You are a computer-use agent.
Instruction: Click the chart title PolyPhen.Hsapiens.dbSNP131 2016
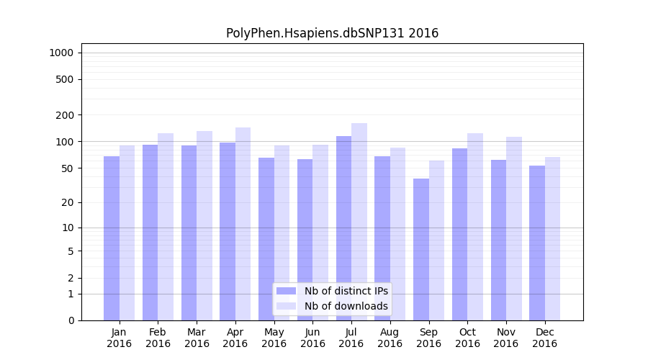click(332, 33)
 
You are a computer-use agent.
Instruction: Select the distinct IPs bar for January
click(112, 238)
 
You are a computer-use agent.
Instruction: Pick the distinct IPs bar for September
click(421, 248)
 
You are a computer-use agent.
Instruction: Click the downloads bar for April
click(243, 223)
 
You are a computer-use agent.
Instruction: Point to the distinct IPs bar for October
click(459, 234)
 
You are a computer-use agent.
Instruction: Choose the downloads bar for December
click(553, 238)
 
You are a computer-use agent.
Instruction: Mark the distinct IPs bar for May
click(266, 238)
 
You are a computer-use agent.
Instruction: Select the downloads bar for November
click(514, 227)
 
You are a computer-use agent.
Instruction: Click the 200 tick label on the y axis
click(65, 115)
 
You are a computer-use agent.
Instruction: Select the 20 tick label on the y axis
click(68, 202)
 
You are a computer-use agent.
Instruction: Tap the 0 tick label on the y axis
click(71, 320)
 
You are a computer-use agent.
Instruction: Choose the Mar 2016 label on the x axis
click(197, 338)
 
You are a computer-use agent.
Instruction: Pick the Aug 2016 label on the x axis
click(390, 338)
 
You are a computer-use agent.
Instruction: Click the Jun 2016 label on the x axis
click(312, 338)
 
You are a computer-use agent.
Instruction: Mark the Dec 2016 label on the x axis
click(544, 338)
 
